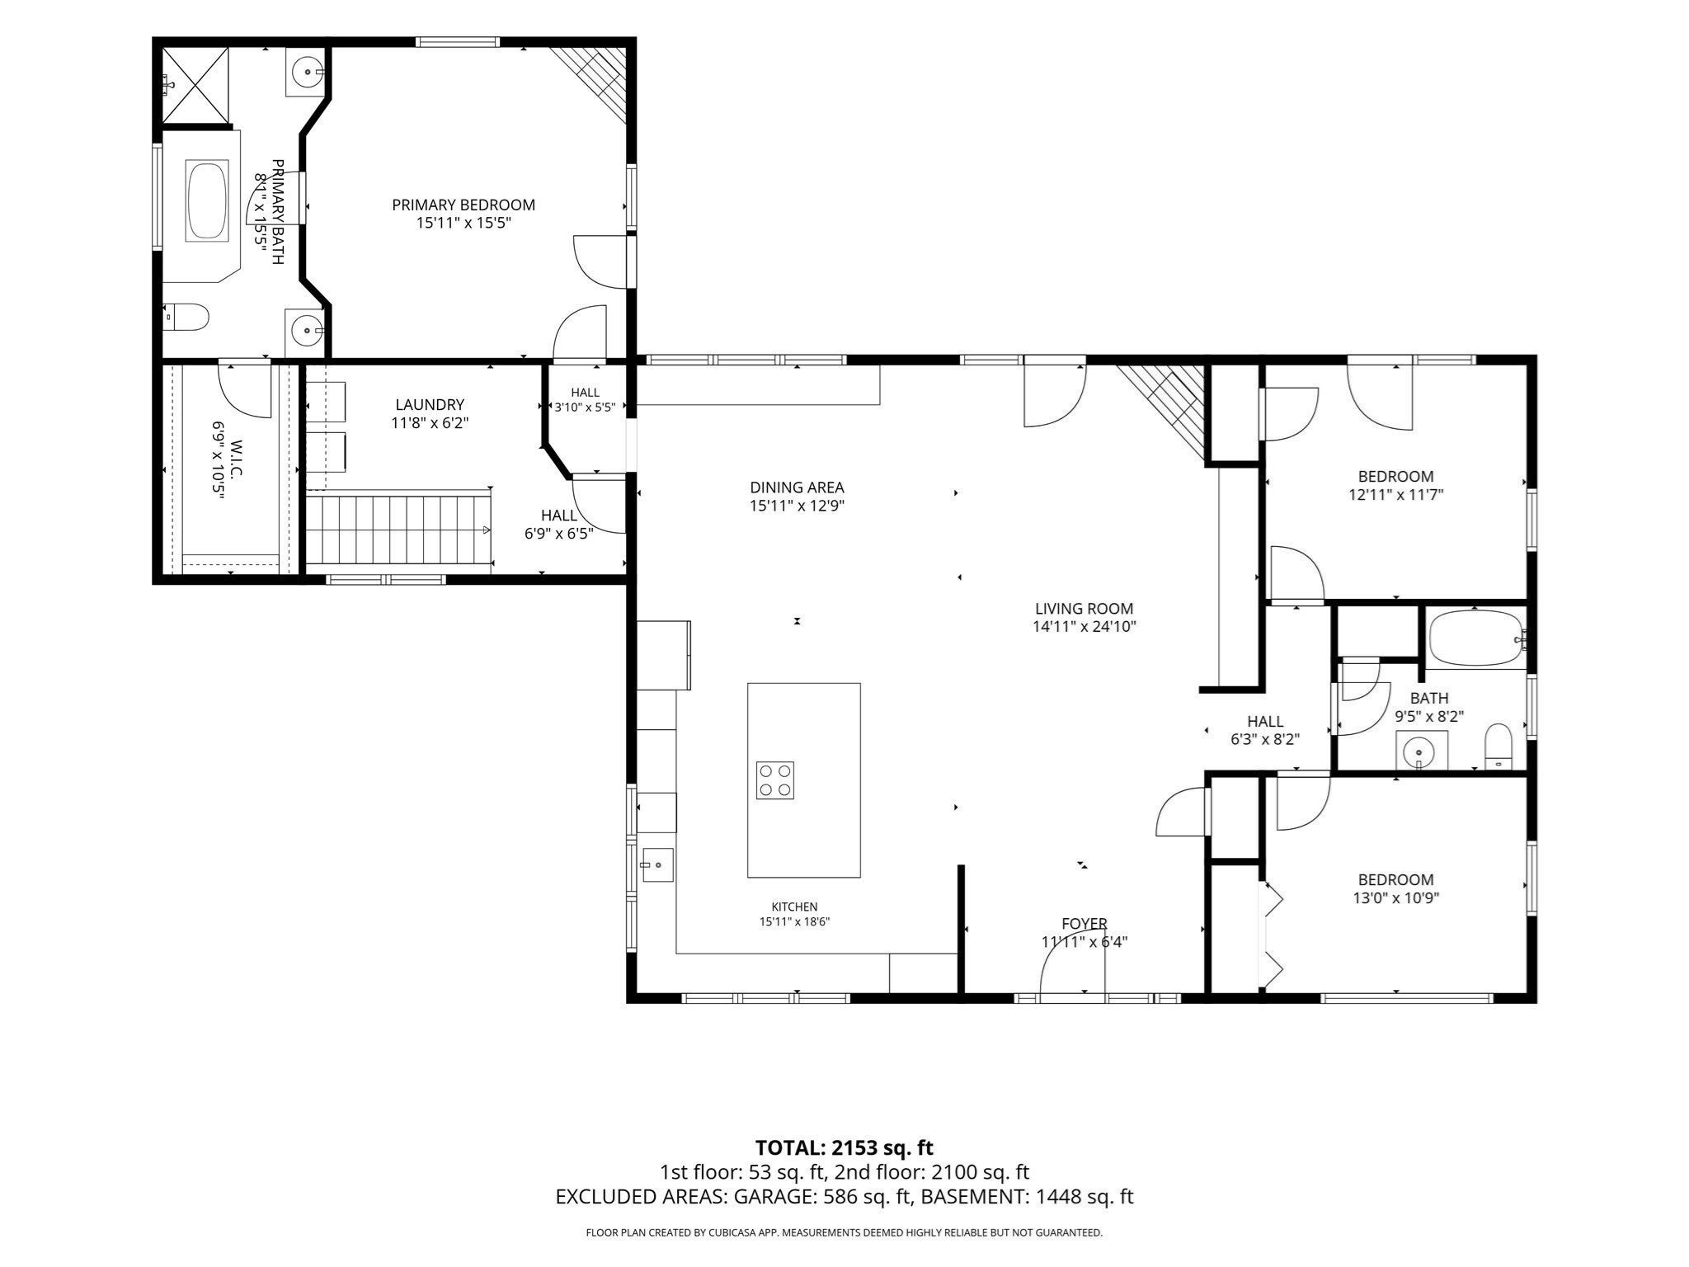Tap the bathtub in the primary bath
207,202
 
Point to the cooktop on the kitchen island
775,780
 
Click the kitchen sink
657,865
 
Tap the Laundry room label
429,405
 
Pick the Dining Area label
797,487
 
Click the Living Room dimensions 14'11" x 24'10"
1084,626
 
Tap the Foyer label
1084,924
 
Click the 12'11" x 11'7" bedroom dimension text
1395,495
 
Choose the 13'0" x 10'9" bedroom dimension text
1395,898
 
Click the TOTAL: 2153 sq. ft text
844,1147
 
